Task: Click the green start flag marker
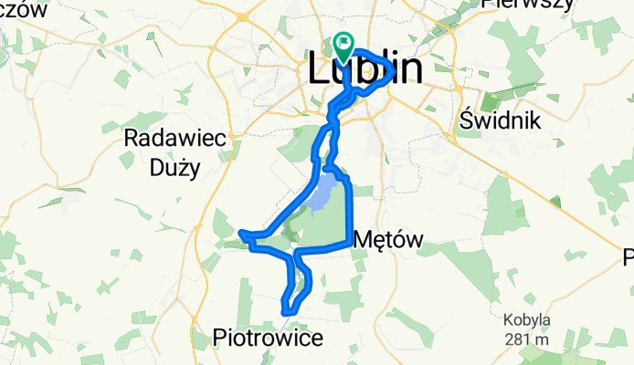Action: coord(344,42)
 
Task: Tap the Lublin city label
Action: coord(366,68)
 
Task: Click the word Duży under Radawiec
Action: coord(172,167)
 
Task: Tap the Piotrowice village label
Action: coord(268,338)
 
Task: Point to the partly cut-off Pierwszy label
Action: coord(528,4)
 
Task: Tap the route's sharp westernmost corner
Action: coord(241,234)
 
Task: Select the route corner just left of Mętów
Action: coord(350,243)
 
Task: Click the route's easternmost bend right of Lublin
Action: coord(394,68)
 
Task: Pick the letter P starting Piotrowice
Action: coord(219,338)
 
